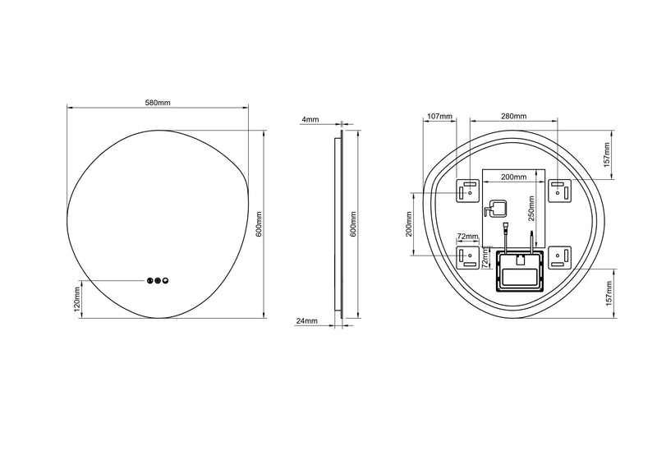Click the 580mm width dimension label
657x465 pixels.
[x=158, y=103]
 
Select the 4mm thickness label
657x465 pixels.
[x=310, y=120]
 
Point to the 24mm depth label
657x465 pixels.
[x=306, y=321]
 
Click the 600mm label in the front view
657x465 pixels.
[x=259, y=223]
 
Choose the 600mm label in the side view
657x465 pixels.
[x=355, y=223]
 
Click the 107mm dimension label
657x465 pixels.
[x=440, y=117]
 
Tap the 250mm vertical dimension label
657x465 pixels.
[x=531, y=212]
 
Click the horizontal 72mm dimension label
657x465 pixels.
[x=467, y=236]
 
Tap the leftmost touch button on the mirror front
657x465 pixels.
[x=149, y=281]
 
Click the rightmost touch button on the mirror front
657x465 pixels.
[x=166, y=281]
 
